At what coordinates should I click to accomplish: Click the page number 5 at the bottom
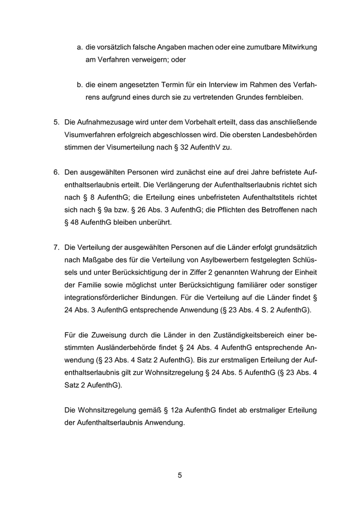point(180,475)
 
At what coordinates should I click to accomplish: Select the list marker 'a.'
point(80,47)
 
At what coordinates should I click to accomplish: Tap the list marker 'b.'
point(80,84)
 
